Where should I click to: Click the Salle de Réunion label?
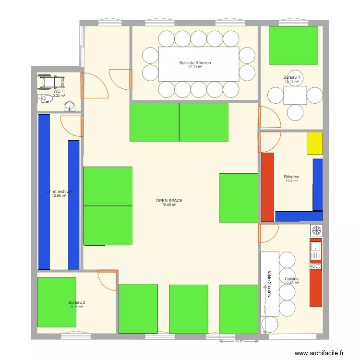tap(195, 63)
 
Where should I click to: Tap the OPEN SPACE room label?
tap(169, 201)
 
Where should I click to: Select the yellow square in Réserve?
tap(315, 143)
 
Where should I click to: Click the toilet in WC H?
tap(46, 99)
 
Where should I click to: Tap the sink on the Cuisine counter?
tap(315, 247)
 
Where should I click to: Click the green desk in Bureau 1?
tap(293, 46)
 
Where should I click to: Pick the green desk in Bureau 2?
tap(57, 301)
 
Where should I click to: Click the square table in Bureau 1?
tap(295, 96)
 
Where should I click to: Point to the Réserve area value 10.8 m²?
tap(291, 180)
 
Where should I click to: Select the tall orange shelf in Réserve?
tap(267, 187)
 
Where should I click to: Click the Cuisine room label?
tap(291, 279)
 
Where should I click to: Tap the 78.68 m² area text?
tap(169, 205)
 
